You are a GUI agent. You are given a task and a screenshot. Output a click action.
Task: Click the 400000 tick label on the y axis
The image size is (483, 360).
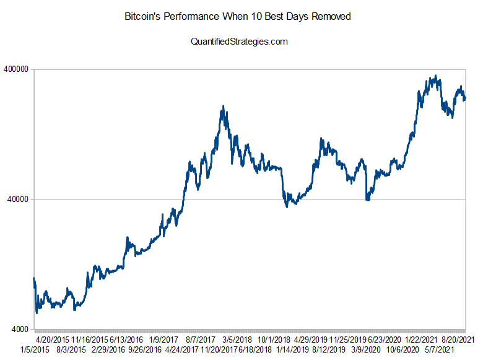16,69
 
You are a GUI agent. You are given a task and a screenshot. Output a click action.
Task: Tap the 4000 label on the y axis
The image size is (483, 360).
20,329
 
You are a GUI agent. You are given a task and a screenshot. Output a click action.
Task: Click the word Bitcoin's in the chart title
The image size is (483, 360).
144,17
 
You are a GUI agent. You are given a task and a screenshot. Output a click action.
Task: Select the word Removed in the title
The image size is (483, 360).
330,17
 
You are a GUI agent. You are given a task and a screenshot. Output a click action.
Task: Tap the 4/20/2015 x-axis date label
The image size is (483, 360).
52,340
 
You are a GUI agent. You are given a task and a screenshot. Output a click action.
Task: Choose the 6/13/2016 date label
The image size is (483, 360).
126,340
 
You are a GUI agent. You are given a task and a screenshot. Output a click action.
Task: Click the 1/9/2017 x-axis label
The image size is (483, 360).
163,340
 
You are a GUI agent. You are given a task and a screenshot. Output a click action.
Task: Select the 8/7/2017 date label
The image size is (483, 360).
200,340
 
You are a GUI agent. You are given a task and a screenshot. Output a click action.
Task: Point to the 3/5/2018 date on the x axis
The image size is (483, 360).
237,340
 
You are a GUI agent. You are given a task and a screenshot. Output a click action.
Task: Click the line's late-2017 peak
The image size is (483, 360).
223,107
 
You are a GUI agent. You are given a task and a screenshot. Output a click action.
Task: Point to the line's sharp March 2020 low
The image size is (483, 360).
367,200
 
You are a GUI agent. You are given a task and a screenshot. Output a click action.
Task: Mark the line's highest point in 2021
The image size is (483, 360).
437,76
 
